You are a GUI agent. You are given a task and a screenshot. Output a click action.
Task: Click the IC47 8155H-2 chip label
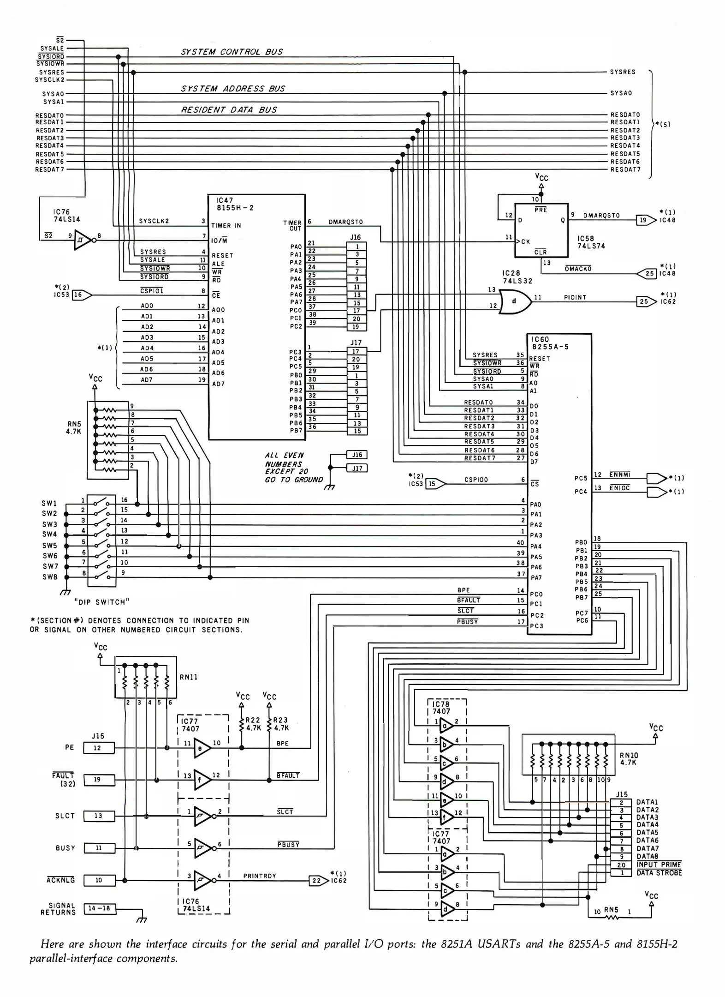(x=235, y=204)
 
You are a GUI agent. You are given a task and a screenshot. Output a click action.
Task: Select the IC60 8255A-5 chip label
(x=550, y=343)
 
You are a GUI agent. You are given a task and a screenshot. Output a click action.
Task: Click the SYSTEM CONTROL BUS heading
(x=232, y=52)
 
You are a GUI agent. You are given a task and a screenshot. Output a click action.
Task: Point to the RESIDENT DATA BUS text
(x=229, y=110)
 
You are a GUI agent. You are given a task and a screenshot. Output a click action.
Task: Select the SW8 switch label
(x=50, y=577)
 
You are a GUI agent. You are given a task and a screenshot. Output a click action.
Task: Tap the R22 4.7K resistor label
(x=253, y=724)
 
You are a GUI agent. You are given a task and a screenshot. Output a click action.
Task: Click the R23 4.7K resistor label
(x=280, y=724)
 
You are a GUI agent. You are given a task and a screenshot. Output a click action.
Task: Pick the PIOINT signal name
(x=575, y=298)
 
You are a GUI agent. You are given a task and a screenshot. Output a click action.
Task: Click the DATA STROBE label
(x=659, y=873)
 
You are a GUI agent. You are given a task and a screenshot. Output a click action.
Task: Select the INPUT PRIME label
(x=659, y=865)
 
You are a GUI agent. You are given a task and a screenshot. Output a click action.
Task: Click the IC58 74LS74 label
(x=591, y=242)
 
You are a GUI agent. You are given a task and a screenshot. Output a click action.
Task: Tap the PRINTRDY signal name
(x=260, y=876)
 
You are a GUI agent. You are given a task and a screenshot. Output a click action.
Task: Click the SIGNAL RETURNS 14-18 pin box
(x=99, y=908)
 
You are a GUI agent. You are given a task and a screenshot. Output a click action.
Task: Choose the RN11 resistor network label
(x=189, y=677)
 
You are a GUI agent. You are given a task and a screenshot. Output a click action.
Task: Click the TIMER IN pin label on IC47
(x=226, y=226)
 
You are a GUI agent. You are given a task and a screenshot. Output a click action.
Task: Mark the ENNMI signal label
(x=620, y=474)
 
